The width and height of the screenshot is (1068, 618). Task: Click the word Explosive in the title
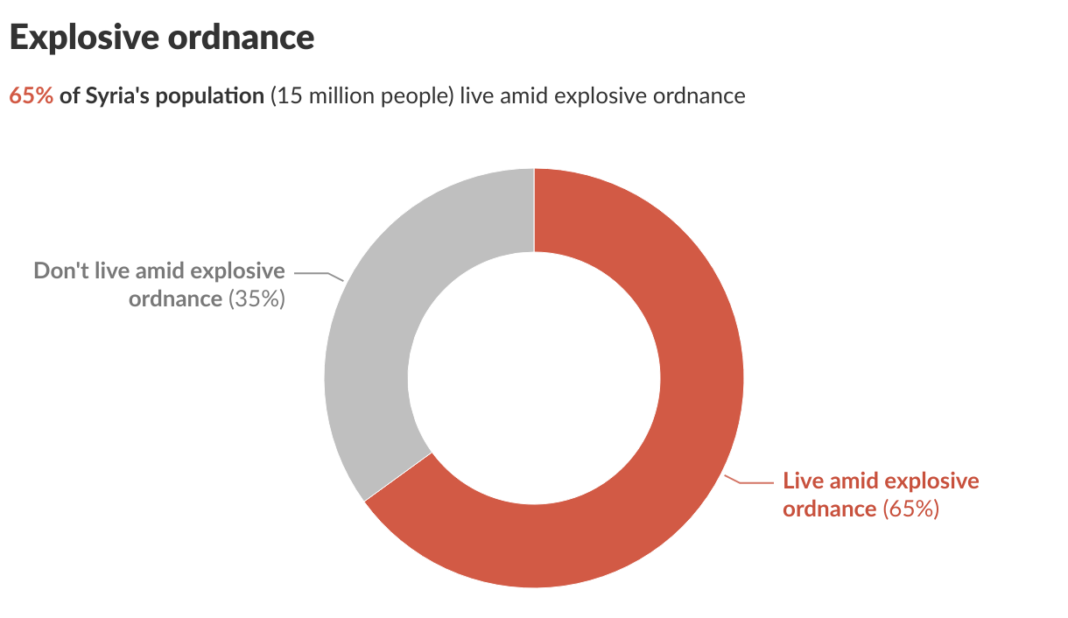click(83, 38)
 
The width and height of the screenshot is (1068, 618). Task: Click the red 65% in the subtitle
click(31, 95)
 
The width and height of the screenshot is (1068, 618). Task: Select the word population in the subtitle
click(211, 95)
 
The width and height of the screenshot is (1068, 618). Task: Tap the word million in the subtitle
click(335, 95)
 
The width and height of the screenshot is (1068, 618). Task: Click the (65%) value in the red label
click(910, 509)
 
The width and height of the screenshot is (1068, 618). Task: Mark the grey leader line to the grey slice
click(317, 275)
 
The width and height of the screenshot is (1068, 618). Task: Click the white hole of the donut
click(534, 378)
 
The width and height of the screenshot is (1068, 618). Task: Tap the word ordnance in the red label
click(829, 509)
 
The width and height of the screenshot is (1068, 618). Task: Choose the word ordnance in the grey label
click(175, 298)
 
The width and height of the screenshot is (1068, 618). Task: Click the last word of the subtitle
click(699, 95)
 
